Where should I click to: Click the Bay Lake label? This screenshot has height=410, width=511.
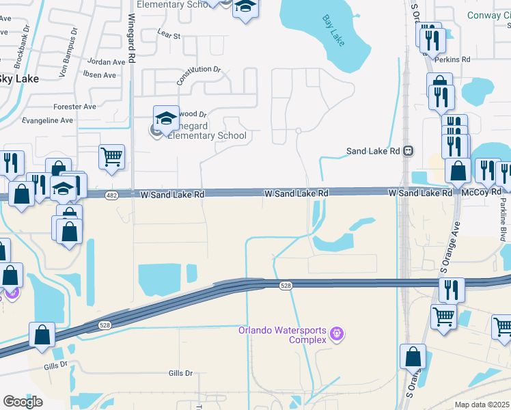[333, 31]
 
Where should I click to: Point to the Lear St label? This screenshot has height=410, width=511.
[168, 33]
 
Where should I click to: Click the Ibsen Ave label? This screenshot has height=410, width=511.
[100, 75]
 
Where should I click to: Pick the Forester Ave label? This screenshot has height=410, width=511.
[75, 107]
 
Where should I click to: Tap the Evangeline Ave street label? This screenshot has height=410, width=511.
[48, 120]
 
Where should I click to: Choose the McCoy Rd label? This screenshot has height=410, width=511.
[477, 193]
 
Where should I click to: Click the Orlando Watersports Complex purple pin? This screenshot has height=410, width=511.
[335, 334]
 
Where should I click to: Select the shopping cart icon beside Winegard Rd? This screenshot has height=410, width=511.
[111, 156]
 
